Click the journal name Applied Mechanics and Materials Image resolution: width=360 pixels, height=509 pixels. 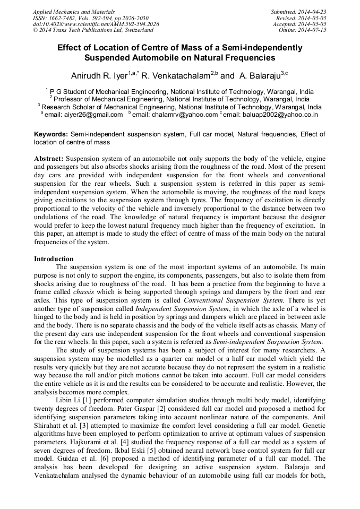tap(73, 12)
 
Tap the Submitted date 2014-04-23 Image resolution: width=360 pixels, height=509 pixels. tap(313, 12)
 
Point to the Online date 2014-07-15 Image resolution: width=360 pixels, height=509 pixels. tap(313, 30)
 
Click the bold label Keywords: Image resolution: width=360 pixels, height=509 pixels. tap(51, 135)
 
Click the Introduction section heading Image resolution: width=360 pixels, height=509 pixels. tap(54, 258)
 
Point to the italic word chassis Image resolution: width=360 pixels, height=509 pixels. tap(84, 292)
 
